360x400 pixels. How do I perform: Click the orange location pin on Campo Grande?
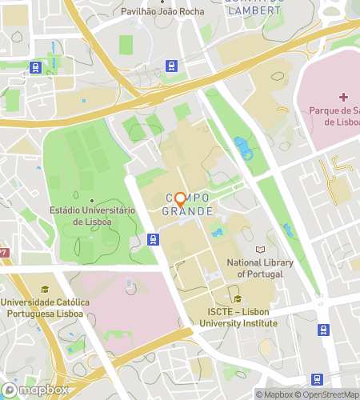(180, 199)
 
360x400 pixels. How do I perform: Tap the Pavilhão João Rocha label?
(162, 12)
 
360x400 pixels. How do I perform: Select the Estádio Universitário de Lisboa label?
(92, 215)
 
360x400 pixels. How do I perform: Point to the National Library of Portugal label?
(260, 267)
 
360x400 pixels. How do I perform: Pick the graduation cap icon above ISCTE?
(238, 300)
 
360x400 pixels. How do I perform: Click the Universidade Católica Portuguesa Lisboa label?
(45, 307)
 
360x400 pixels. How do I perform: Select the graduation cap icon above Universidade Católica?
(45, 290)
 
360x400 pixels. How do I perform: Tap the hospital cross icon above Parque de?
(344, 97)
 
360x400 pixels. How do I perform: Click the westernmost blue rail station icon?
(36, 67)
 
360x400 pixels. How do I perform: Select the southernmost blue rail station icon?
(316, 379)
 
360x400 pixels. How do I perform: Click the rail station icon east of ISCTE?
(323, 329)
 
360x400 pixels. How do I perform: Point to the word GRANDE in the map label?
(188, 212)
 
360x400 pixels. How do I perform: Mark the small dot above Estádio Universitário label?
(92, 200)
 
